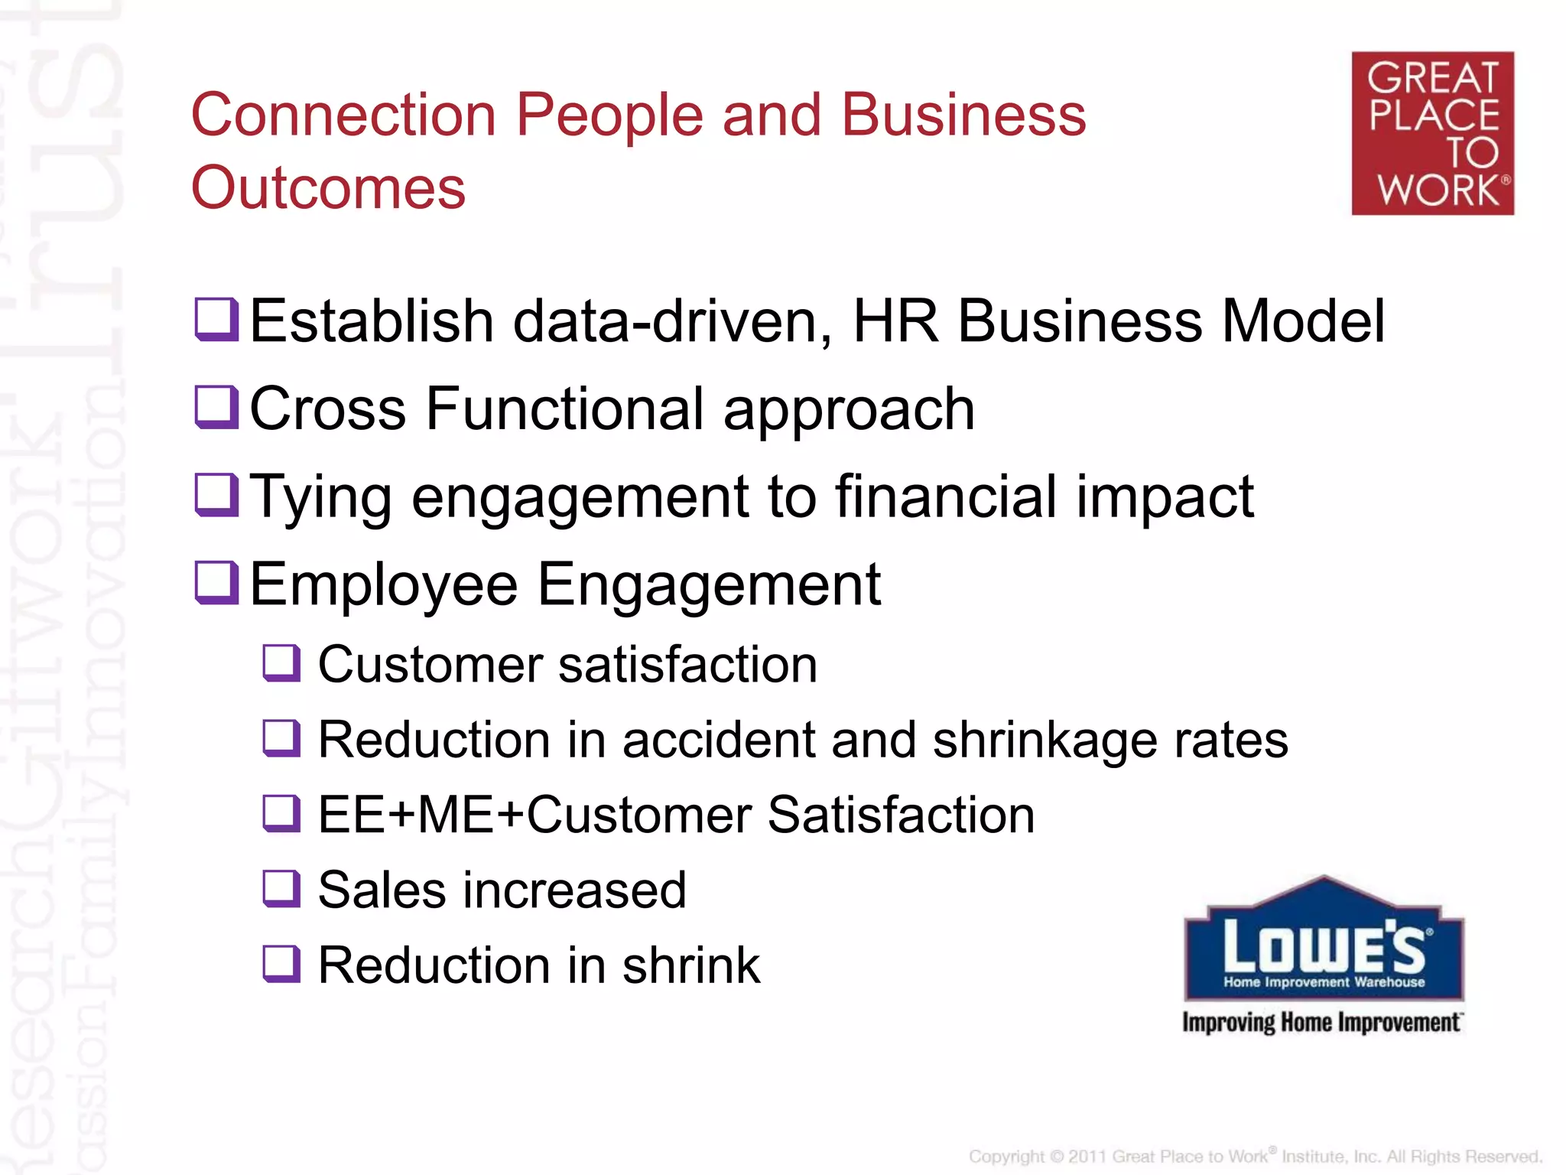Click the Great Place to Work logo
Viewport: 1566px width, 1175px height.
[x=1432, y=133]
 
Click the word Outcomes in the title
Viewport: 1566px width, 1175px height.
[x=328, y=187]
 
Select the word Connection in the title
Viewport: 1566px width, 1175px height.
[x=343, y=115]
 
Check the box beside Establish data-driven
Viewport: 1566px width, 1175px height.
[x=216, y=318]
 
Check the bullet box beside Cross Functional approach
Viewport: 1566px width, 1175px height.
[x=216, y=406]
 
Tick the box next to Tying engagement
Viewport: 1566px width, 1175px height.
[x=216, y=494]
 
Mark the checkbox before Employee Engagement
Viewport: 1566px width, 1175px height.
[x=216, y=582]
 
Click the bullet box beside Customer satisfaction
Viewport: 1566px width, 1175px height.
[x=281, y=662]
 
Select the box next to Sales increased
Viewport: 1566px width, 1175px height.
[x=281, y=888]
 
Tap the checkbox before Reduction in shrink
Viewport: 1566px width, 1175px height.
[x=281, y=963]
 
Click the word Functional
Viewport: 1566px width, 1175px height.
[x=564, y=408]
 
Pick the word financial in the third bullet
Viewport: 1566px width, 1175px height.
[x=946, y=496]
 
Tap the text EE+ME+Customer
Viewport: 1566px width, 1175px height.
[x=534, y=815]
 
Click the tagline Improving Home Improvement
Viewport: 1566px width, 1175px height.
[x=1321, y=1023]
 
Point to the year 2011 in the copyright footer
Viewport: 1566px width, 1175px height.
[x=1087, y=1157]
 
